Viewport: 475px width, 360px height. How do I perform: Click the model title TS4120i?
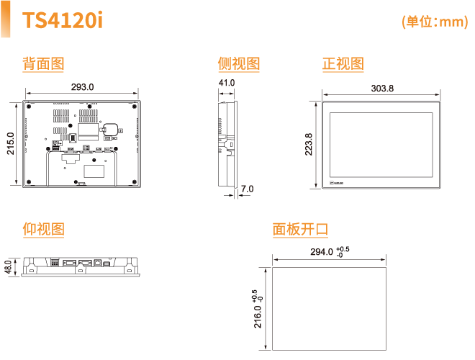coord(63,21)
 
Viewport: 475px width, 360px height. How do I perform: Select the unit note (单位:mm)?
coord(434,22)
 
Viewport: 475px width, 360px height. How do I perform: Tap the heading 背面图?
coord(43,63)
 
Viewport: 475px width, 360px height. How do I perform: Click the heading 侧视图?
coord(238,63)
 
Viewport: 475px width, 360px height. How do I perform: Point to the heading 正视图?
coord(343,63)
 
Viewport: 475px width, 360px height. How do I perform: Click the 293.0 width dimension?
coord(82,87)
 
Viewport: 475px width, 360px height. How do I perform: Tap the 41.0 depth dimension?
coord(227,84)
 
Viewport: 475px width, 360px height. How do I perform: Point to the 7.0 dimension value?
coord(247,189)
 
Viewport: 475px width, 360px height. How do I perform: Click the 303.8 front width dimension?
coord(382,89)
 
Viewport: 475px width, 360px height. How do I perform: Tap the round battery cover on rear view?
coord(112,129)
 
